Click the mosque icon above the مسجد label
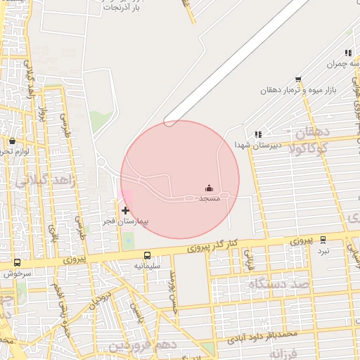point(209,188)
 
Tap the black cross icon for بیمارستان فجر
point(126,210)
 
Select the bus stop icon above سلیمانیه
point(148,256)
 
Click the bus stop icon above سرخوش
point(17,263)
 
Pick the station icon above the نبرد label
point(323,240)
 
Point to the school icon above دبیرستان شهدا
point(258,134)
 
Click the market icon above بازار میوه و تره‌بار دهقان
point(298,79)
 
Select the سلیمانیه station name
point(148,266)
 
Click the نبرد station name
point(323,250)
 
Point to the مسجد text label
point(210,199)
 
